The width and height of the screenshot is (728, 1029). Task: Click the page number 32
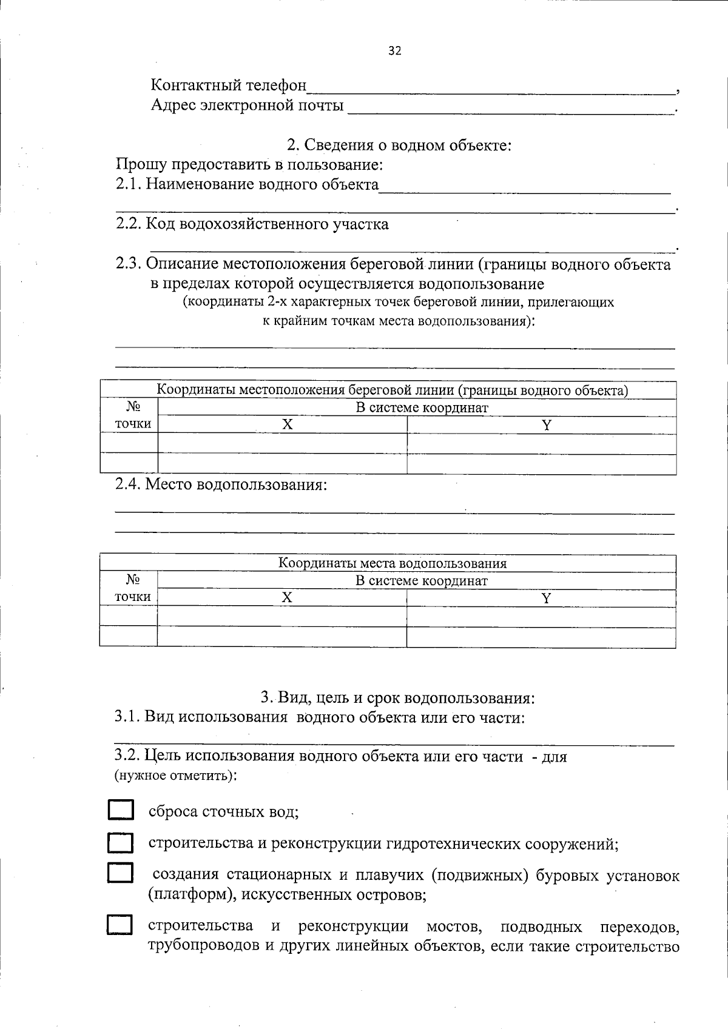click(x=394, y=51)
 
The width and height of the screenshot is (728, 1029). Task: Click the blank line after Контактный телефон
click(x=491, y=89)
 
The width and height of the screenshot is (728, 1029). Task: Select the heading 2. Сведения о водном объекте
click(x=399, y=146)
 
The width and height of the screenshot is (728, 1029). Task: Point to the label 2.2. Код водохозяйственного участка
click(x=252, y=224)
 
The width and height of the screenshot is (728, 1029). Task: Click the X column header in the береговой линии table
click(x=287, y=424)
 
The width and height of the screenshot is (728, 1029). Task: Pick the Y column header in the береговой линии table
click(x=546, y=424)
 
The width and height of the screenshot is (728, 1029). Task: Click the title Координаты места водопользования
click(x=392, y=563)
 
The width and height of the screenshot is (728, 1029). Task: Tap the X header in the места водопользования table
click(x=286, y=598)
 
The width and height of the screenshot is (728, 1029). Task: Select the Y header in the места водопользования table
click(x=546, y=598)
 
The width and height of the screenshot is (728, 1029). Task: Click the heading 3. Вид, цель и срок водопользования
click(x=398, y=697)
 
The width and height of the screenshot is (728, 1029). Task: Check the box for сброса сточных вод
click(x=120, y=811)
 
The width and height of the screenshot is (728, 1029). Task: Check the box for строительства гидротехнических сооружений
click(x=120, y=843)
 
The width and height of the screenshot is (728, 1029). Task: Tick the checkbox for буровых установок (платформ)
click(x=120, y=873)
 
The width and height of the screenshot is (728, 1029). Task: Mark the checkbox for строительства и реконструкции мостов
click(x=120, y=925)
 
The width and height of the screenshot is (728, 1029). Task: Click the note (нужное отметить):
click(x=175, y=775)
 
